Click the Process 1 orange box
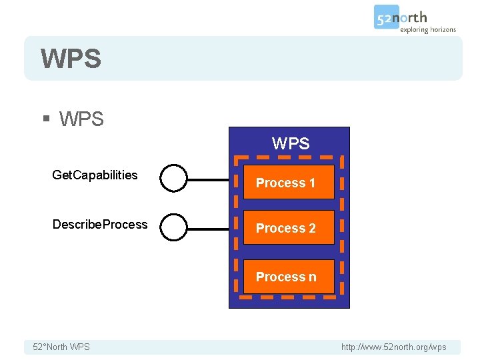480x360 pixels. click(x=288, y=182)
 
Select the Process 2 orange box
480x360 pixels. click(x=288, y=228)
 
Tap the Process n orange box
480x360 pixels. click(x=288, y=277)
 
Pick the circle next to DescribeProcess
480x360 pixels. click(x=174, y=227)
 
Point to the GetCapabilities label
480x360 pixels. click(x=95, y=175)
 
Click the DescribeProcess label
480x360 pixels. click(x=100, y=225)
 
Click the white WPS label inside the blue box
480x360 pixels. click(x=291, y=143)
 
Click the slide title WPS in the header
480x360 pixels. click(x=71, y=59)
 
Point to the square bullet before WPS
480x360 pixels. click(x=46, y=119)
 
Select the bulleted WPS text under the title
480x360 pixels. click(x=81, y=119)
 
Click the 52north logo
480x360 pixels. click(x=401, y=17)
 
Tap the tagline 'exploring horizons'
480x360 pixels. click(x=428, y=29)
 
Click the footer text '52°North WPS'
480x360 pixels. click(x=61, y=347)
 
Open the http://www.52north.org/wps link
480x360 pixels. click(x=393, y=347)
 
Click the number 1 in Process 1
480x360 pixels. click(x=311, y=183)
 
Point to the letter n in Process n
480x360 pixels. click(x=313, y=277)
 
